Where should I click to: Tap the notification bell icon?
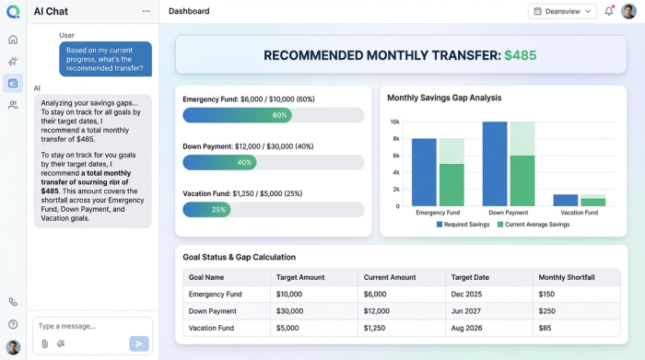(x=609, y=11)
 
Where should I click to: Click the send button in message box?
(x=139, y=343)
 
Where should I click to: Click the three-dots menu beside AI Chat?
(x=146, y=11)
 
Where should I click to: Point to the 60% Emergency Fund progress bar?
(x=238, y=115)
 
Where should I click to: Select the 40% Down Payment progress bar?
(x=219, y=162)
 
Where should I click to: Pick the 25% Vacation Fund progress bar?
(x=207, y=209)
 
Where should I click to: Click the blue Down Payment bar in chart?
(x=495, y=163)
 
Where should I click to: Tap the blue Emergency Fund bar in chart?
(x=424, y=172)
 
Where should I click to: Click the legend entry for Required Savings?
(x=463, y=225)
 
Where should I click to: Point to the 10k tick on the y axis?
(x=394, y=122)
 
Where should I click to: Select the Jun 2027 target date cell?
(x=466, y=311)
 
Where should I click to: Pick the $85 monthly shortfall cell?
(x=546, y=328)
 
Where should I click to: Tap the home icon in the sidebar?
(x=13, y=40)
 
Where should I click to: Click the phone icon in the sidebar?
(x=13, y=301)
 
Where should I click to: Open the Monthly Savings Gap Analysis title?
(x=444, y=98)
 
